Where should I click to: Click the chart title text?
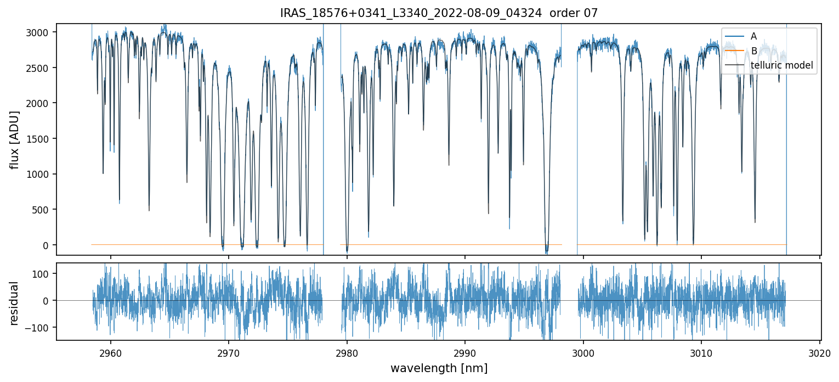439,13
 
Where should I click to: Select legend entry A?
753,36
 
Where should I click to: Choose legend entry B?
753,51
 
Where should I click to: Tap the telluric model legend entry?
781,66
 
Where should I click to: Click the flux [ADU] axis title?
14,139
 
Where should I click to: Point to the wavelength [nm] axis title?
439,368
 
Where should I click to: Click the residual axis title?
14,303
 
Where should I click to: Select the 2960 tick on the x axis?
111,352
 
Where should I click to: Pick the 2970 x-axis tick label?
229,352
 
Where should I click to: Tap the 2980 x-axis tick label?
347,352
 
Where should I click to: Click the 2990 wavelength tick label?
465,352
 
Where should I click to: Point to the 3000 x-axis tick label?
583,352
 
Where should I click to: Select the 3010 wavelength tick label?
701,352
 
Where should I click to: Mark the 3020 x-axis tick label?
820,352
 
